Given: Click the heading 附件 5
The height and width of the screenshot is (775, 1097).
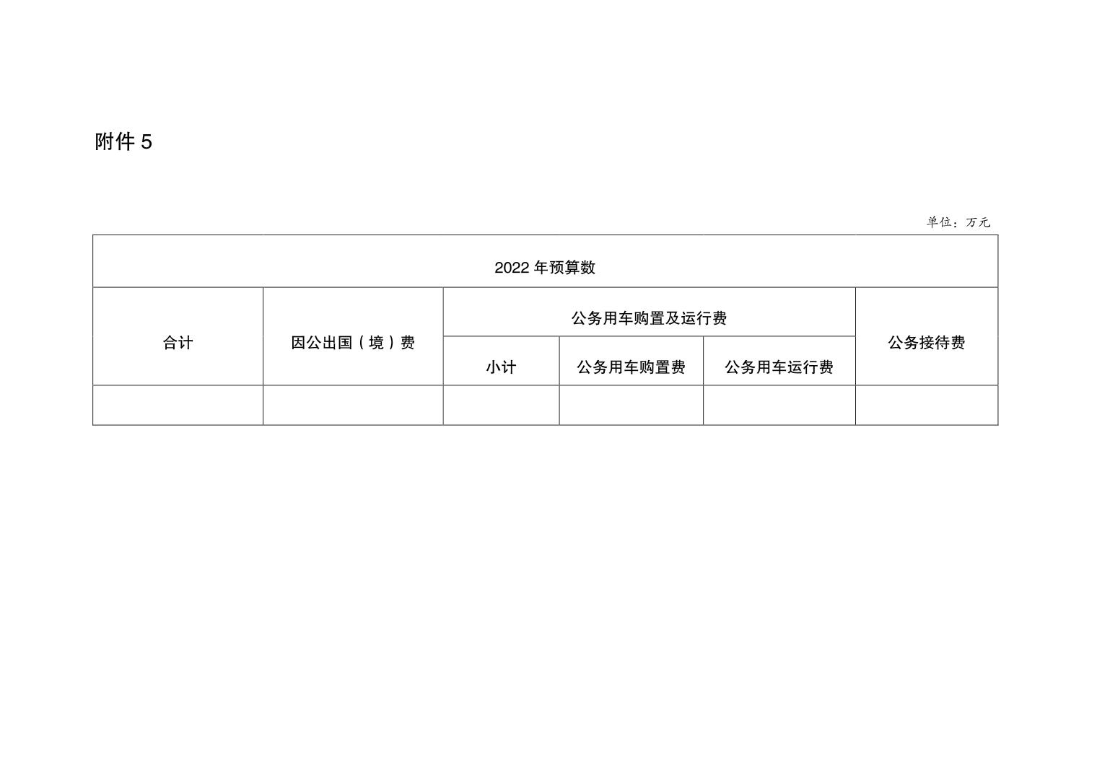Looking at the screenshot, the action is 123,142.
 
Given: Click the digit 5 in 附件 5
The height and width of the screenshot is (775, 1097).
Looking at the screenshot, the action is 147,142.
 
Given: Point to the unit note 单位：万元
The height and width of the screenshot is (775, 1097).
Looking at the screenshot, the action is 958,222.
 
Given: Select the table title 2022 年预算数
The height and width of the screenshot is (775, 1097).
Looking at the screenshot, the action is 545,268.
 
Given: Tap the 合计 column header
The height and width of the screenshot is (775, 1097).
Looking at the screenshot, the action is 178,343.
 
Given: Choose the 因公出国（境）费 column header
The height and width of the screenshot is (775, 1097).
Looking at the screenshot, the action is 353,343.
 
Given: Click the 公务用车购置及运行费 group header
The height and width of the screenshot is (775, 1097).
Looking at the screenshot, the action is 649,318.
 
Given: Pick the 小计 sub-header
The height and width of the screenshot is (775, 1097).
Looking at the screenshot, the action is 501,367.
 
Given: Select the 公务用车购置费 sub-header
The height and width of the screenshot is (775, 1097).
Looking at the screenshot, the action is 631,367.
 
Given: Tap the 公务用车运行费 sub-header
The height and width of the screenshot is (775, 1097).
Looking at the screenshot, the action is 779,367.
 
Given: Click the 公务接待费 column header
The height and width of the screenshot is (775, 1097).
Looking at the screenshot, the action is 927,343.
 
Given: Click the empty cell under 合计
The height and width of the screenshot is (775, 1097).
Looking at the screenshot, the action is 178,405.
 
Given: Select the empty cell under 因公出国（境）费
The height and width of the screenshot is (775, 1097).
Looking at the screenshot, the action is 353,405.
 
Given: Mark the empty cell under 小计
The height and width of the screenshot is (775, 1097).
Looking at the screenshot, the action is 501,405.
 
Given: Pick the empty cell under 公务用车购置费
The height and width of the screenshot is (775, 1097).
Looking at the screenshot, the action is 631,405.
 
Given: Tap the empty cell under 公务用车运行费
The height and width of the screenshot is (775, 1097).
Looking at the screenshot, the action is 779,405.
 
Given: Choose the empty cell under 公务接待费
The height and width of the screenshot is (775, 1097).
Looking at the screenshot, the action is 927,405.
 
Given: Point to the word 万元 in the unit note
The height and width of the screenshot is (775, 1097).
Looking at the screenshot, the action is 978,222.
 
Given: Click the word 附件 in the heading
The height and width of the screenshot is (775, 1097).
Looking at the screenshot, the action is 115,142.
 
